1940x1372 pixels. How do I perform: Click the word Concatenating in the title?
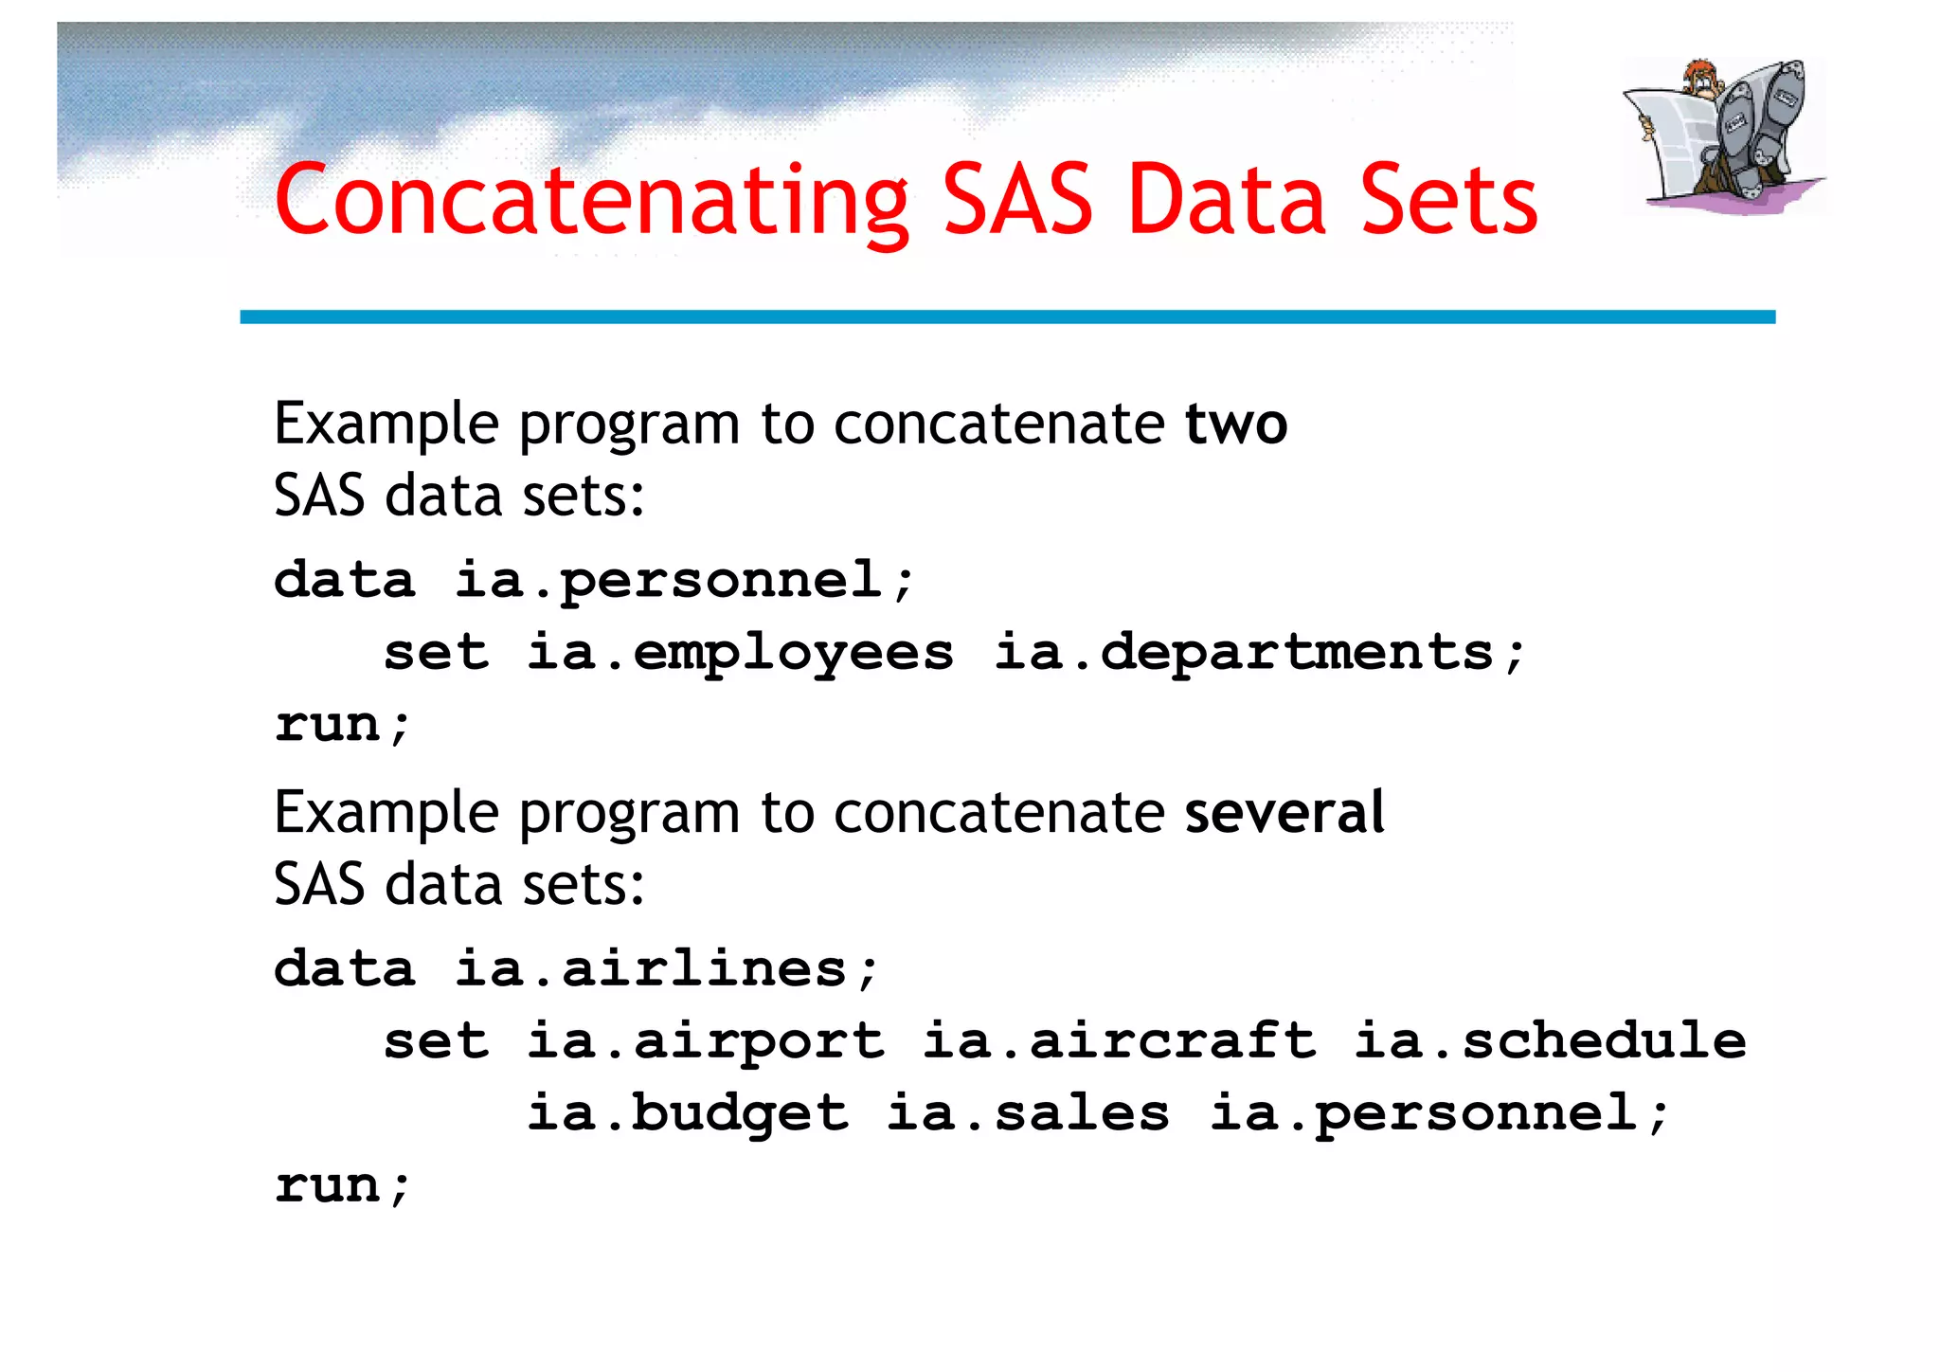click(x=591, y=201)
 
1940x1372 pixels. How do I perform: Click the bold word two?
click(x=1235, y=424)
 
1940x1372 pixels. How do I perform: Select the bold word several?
click(x=1284, y=812)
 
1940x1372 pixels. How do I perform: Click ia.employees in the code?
click(x=740, y=654)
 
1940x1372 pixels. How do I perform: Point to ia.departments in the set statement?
click(x=1260, y=654)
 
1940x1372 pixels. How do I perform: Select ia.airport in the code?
click(x=705, y=1042)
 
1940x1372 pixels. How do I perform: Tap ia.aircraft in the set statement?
click(x=1119, y=1042)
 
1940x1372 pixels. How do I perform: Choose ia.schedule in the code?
click(x=1550, y=1042)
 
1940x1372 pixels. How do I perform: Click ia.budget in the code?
click(x=687, y=1114)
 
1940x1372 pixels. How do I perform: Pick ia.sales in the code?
click(x=1028, y=1114)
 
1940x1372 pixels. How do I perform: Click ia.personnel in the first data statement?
click(x=685, y=581)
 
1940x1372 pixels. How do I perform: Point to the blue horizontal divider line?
click(x=1007, y=317)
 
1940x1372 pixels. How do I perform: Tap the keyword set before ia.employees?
click(x=436, y=654)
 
